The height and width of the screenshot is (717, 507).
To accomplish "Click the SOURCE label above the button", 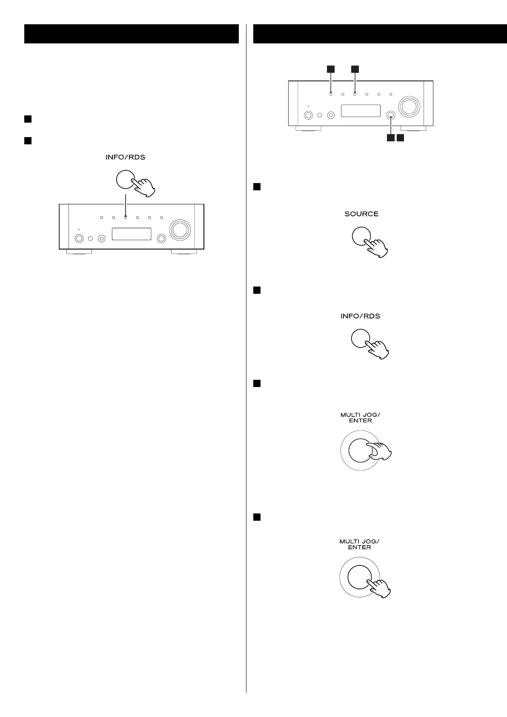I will [x=361, y=214].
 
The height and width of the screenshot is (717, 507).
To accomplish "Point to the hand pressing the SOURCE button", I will [x=377, y=247].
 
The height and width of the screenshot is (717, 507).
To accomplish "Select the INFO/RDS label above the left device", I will [x=125, y=157].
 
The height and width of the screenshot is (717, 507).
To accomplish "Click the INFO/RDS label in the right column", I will [x=360, y=316].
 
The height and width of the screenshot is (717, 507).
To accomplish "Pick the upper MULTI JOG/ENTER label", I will [x=360, y=418].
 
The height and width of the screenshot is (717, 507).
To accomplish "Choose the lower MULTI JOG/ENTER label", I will [x=359, y=544].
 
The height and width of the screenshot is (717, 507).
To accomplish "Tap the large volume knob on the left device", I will [x=179, y=229].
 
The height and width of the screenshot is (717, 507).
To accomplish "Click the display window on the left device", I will [x=132, y=234].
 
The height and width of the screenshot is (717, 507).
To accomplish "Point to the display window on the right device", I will [x=361, y=111].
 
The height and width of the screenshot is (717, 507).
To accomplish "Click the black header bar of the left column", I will [x=131, y=34].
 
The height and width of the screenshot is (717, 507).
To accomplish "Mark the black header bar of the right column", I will [x=380, y=34].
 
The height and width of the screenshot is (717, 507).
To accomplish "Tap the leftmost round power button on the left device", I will [x=79, y=239].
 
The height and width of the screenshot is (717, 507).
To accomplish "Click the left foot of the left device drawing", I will [x=79, y=252].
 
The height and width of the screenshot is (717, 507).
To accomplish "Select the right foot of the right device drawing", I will [x=413, y=128].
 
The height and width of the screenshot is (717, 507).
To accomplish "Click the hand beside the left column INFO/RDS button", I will [x=144, y=187].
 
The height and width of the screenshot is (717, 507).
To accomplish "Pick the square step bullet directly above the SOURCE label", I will [x=257, y=187].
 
